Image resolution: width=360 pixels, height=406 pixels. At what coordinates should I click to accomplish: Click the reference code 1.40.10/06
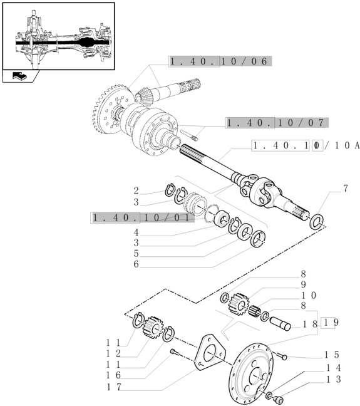point(220,61)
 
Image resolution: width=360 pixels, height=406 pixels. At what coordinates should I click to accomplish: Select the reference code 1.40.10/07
point(277,123)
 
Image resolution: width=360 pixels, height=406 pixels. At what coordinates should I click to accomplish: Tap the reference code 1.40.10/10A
point(306,146)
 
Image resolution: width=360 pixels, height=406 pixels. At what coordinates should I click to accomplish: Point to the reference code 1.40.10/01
point(142,217)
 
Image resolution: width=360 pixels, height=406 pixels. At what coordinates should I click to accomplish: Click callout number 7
point(346,189)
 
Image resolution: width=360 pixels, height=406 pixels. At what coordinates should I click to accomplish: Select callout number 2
point(136,191)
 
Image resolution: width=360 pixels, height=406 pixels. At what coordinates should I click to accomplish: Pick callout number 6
point(136,264)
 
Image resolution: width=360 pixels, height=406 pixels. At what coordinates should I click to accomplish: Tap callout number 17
point(114,387)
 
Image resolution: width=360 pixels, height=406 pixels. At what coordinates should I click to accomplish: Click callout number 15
point(332,355)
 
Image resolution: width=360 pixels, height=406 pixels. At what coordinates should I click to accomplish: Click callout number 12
point(113,353)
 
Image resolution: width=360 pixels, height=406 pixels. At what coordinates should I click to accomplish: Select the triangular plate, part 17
point(210,353)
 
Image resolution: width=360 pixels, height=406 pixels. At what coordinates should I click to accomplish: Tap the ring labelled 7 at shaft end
point(317,222)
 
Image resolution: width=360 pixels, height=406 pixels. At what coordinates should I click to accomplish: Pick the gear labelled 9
point(238,304)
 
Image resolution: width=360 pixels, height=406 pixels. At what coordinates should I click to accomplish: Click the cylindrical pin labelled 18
point(280,324)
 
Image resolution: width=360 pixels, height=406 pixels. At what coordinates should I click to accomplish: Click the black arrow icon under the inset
point(19,76)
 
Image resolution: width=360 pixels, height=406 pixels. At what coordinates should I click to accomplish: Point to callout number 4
point(136,232)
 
